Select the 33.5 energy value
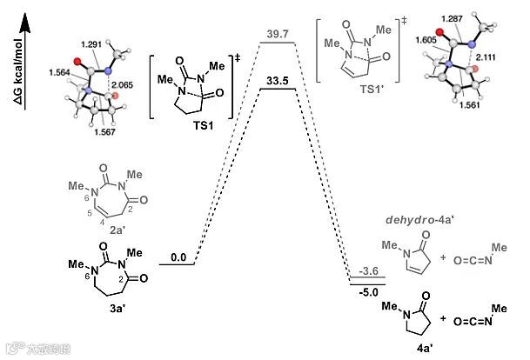(278, 80)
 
